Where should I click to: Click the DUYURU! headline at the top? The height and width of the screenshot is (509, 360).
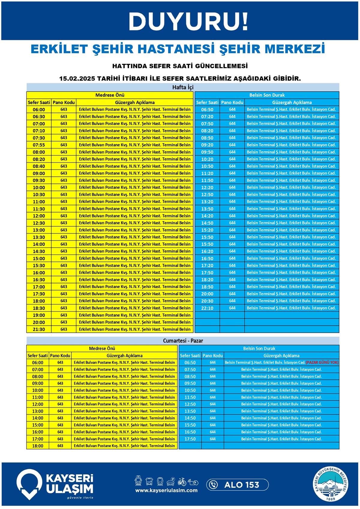tap(189, 21)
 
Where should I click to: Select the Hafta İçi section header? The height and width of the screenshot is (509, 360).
tap(183, 87)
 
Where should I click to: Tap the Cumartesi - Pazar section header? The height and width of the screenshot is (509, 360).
tap(183, 341)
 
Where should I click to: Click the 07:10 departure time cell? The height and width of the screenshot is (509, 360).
tap(39, 131)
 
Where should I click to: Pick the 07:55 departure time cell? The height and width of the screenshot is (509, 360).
tap(39, 145)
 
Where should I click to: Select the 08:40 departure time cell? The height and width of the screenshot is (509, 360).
tap(39, 166)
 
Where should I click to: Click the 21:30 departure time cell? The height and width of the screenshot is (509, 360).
tap(39, 330)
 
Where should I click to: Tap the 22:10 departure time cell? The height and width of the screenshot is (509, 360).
tap(207, 308)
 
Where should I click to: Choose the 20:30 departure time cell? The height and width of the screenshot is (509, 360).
tap(207, 301)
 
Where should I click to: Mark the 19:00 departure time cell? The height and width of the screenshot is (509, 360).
tap(39, 315)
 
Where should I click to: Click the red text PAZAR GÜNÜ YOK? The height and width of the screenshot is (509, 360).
tap(322, 363)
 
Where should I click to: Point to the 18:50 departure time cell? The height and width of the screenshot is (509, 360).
tap(207, 287)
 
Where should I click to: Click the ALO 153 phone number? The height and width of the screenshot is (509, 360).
tap(241, 485)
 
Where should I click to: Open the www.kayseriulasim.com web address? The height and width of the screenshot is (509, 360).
tap(166, 490)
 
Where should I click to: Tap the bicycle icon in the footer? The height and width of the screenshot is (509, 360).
tap(182, 482)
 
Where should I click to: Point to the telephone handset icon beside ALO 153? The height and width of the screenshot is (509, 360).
tap(214, 485)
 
